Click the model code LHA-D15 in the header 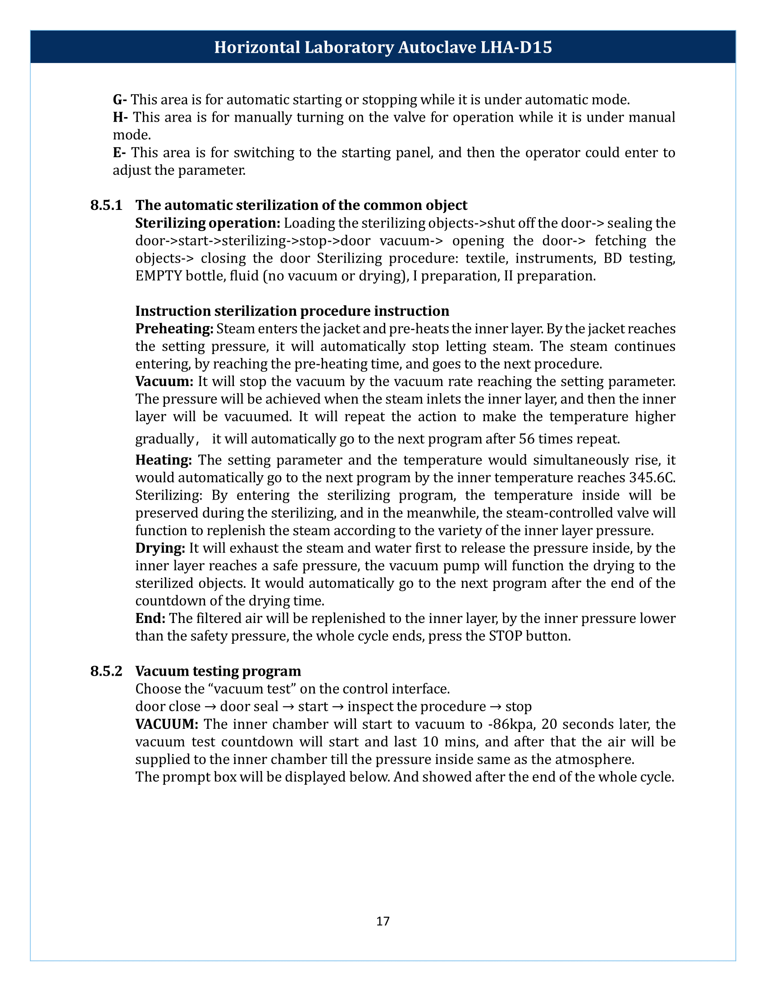coord(516,48)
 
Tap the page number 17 coord(383,921)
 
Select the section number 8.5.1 coord(106,205)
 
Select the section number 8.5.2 coord(106,671)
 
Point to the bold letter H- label coord(120,117)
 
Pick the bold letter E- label coord(119,152)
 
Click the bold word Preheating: coord(174,328)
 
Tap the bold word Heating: coord(164,460)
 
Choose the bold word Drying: coord(160,548)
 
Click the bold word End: coord(150,618)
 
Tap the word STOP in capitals coord(506,636)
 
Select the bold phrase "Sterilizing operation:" coord(208,223)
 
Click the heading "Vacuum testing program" coord(218,671)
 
